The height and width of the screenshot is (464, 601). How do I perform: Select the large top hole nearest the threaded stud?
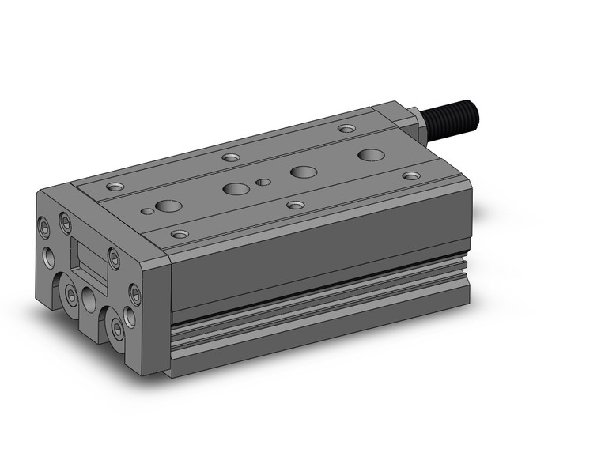(x=368, y=153)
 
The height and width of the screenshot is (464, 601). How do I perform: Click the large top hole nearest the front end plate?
(x=168, y=206)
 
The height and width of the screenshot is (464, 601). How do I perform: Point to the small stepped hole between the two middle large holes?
(x=263, y=182)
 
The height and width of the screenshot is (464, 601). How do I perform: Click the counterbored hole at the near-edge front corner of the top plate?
(x=180, y=234)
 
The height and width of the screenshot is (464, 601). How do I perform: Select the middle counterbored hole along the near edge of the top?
(x=295, y=205)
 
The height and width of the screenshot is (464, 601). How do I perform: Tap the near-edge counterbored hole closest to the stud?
(x=410, y=175)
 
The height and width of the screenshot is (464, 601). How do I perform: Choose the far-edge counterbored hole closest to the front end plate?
(x=115, y=187)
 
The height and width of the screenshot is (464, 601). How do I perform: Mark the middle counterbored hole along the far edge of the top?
(x=230, y=157)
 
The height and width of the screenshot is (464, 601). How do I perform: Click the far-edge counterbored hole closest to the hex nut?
(x=346, y=128)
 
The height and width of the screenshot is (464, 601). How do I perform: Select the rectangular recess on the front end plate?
(x=88, y=257)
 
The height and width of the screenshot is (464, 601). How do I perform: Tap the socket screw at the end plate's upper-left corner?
(x=46, y=225)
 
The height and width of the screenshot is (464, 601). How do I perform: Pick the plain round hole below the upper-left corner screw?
(x=50, y=255)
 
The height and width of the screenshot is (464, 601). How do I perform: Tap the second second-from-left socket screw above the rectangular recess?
(x=65, y=223)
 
